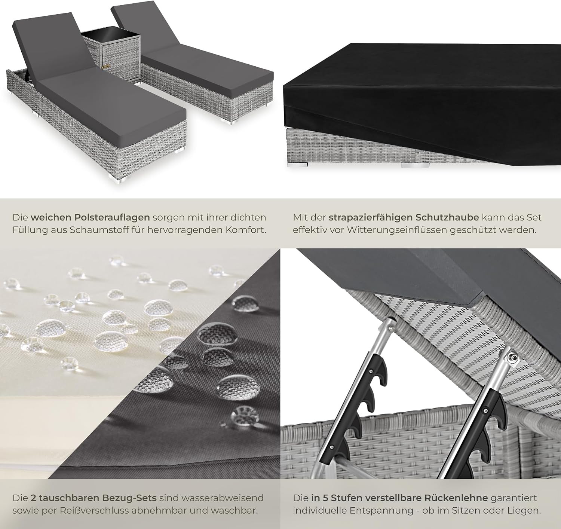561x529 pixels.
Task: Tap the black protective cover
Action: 421,99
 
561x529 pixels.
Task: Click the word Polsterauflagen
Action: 112,218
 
